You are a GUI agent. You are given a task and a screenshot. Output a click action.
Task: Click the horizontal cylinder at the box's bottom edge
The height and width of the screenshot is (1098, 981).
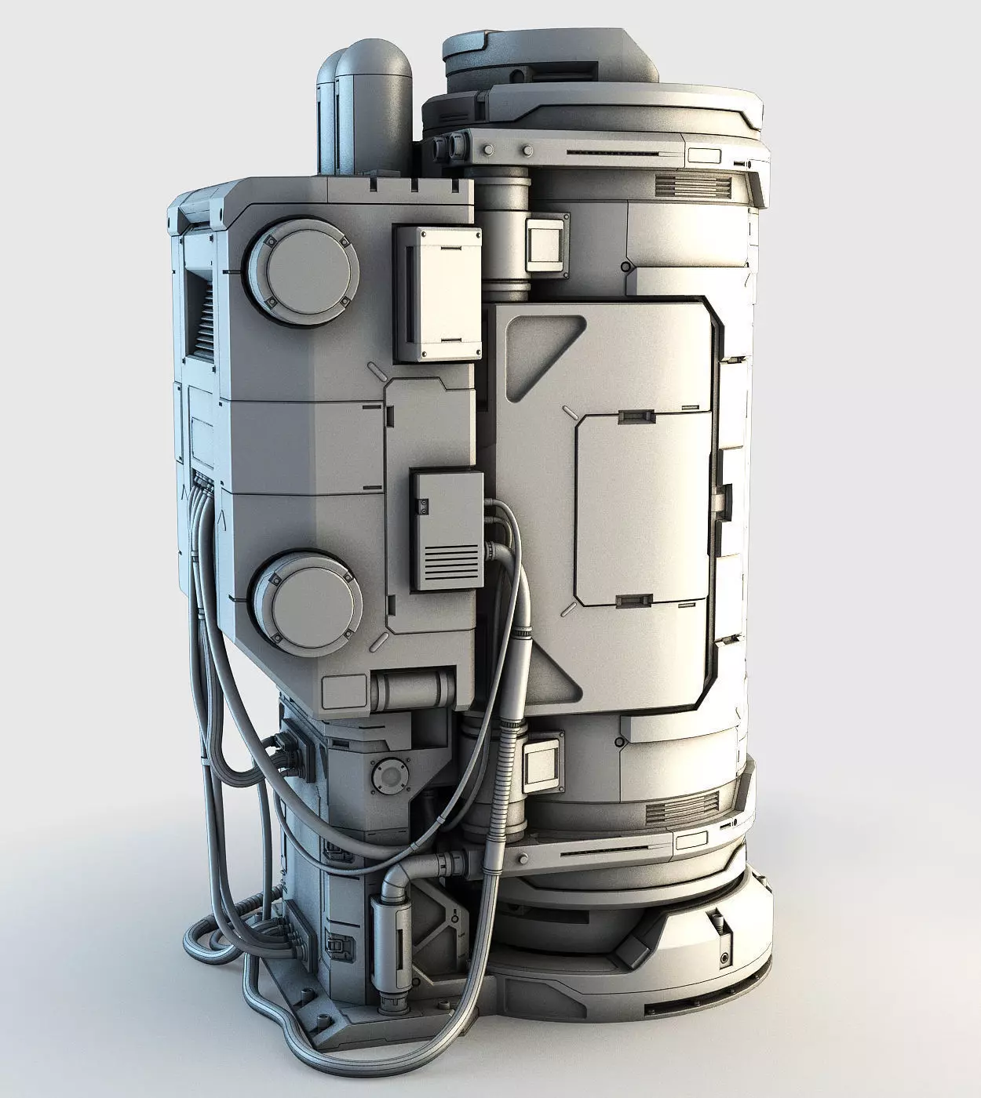click(412, 689)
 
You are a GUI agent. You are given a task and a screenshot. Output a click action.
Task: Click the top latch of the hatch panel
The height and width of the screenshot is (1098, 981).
click(636, 415)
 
